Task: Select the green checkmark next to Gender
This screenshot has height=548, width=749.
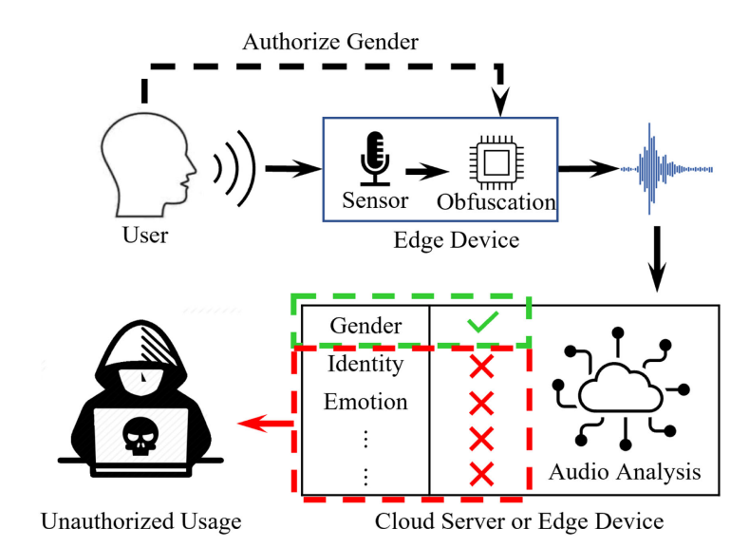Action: [482, 325]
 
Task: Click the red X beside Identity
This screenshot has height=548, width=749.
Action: [482, 365]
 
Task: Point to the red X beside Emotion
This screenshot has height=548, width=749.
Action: [482, 403]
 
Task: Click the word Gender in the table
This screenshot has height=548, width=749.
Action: [365, 326]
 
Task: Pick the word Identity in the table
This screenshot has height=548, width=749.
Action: [365, 364]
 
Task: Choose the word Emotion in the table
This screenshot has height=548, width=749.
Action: [365, 402]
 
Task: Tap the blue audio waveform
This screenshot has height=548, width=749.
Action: [655, 169]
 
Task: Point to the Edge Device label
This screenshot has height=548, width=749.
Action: [456, 239]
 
